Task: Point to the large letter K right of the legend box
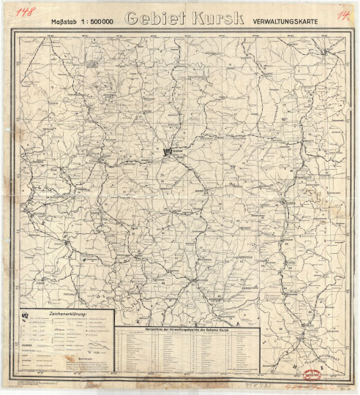tap(138, 320)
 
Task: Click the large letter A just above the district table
tap(236, 322)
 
